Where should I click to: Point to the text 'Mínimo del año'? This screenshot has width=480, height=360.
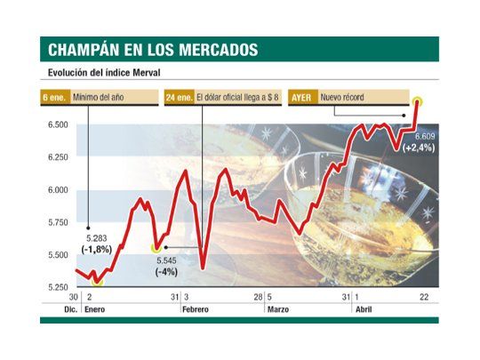pyautogui.click(x=112, y=96)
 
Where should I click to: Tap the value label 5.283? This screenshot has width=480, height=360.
pyautogui.click(x=95, y=238)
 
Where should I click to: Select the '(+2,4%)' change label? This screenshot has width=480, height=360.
pyautogui.click(x=418, y=147)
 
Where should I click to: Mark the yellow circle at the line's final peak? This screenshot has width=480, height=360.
pyautogui.click(x=418, y=100)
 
